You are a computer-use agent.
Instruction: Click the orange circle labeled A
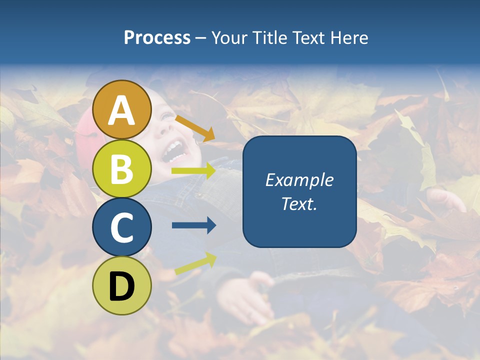click(122, 109)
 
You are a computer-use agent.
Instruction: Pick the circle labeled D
click(122, 285)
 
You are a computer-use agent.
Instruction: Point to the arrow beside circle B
click(193, 171)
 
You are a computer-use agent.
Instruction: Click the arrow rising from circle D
click(195, 263)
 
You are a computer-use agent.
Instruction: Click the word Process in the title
click(157, 37)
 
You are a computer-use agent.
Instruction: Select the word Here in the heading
click(349, 37)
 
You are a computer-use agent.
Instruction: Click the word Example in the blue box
click(299, 180)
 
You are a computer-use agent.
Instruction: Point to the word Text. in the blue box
click(299, 203)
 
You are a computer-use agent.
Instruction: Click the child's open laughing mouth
click(171, 150)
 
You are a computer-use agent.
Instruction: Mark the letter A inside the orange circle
click(122, 110)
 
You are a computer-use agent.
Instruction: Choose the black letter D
click(122, 286)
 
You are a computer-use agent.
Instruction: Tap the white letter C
click(122, 227)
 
